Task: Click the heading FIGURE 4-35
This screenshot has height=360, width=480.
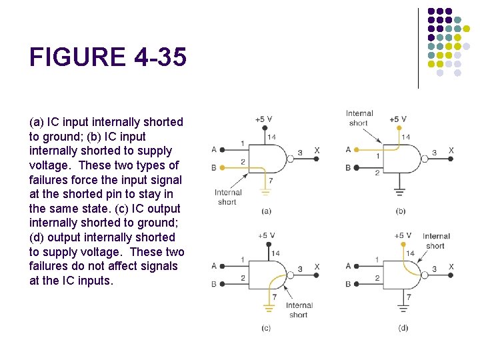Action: click(108, 58)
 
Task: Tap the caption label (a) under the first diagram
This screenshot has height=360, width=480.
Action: click(266, 211)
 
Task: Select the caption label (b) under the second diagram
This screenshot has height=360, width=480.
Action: click(401, 211)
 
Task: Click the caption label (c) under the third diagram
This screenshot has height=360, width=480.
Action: click(266, 327)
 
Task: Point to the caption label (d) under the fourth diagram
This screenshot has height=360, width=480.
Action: click(403, 327)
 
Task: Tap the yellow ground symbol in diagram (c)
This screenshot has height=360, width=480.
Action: click(269, 307)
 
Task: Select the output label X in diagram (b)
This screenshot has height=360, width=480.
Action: click(451, 151)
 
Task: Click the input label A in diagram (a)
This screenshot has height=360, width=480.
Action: click(214, 149)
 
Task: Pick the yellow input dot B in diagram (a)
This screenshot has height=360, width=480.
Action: click(223, 167)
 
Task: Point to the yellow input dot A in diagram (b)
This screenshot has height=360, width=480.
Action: click(357, 150)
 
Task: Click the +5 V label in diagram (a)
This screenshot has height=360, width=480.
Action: click(263, 119)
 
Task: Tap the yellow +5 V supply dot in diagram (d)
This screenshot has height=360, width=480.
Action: click(403, 245)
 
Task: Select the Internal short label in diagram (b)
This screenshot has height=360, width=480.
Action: click(359, 118)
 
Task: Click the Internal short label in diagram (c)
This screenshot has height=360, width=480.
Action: click(299, 310)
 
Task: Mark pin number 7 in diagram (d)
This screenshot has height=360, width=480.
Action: click(409, 297)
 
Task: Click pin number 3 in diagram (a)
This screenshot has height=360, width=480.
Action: click(299, 153)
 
